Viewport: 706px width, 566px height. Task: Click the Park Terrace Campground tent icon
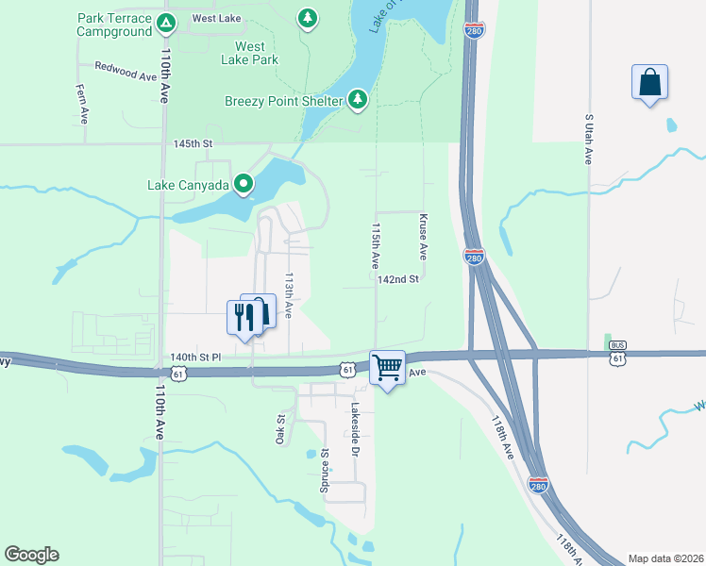coord(166,22)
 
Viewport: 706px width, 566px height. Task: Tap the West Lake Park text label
coord(249,52)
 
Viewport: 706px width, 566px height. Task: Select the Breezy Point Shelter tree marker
coord(357,99)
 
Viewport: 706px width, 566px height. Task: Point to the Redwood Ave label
coord(125,71)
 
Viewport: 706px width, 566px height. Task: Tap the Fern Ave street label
coord(83,103)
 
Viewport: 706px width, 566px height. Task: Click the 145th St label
coord(194,143)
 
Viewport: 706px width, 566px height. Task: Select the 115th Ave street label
coord(376,243)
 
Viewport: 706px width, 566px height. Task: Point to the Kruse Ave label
coord(424,238)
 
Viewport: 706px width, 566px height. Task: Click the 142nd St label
coord(397,279)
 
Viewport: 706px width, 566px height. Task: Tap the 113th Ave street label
coord(290,295)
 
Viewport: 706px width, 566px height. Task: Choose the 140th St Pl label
coord(195,358)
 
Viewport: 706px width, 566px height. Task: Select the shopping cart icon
coord(387,367)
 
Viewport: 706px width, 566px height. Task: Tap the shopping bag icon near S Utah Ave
coord(650,82)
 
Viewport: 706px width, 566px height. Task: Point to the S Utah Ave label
coord(589,139)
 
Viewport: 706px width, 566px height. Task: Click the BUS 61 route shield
coord(618,351)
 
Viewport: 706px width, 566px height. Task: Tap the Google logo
coord(32,555)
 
